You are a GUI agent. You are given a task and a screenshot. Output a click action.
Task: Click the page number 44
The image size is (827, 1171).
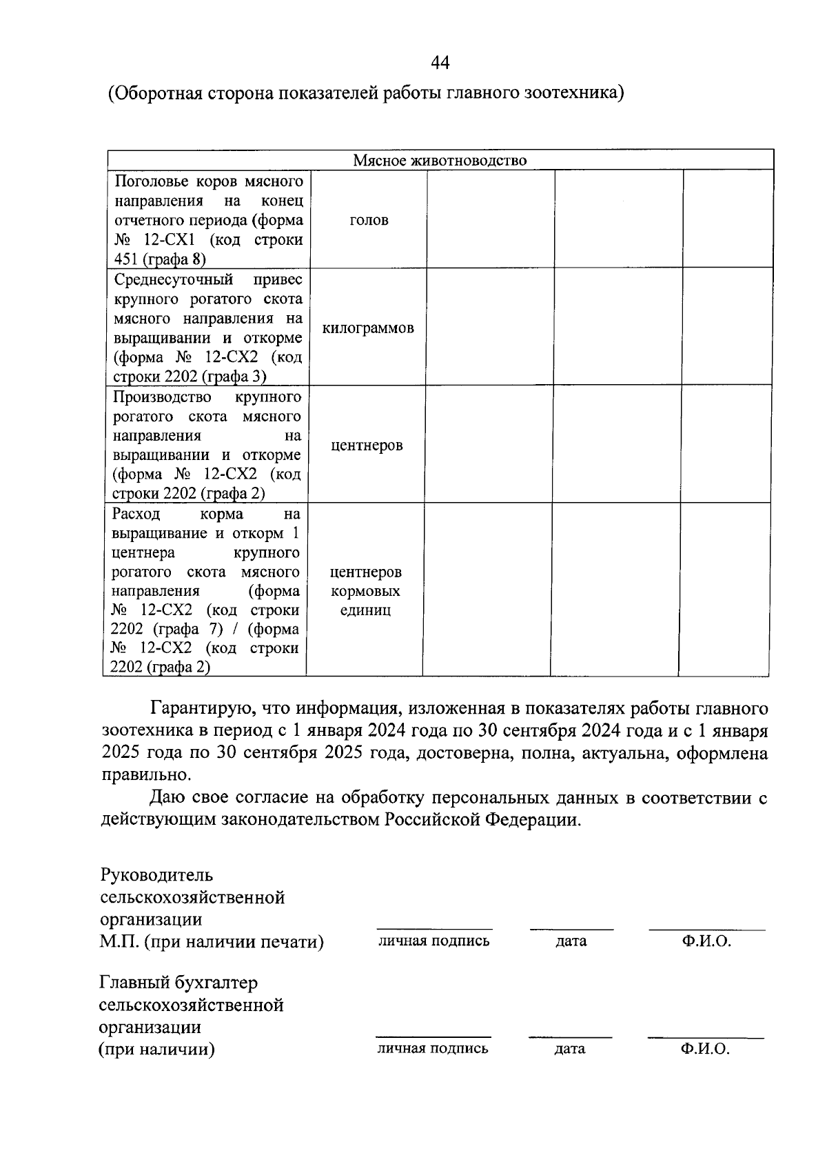[440, 63]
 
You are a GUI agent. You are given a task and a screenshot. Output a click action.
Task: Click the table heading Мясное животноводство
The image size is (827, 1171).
[440, 161]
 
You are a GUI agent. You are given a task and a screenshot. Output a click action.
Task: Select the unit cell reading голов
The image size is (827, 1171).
[369, 220]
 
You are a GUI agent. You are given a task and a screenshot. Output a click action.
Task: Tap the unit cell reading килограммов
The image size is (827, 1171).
[368, 328]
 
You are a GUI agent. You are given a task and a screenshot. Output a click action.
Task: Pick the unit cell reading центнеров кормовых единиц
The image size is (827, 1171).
[365, 591]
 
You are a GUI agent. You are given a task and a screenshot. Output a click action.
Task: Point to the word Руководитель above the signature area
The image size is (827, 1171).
[156, 876]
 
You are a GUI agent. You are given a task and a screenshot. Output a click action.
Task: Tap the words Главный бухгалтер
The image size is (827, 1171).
[178, 983]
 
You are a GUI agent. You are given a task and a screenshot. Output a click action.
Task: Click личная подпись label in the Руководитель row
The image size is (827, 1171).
[433, 941]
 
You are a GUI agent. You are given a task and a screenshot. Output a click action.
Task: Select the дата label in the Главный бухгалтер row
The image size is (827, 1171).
[569, 1049]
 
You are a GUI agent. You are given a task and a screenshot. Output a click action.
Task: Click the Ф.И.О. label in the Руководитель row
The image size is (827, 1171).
[706, 941]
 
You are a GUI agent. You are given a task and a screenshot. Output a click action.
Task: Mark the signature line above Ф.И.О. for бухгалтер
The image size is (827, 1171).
[706, 1038]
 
